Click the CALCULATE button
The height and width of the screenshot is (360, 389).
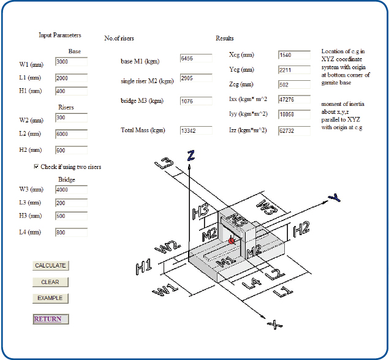(x=50, y=266)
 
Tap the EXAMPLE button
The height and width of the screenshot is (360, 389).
(x=50, y=298)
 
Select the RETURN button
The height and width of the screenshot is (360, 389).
(x=50, y=319)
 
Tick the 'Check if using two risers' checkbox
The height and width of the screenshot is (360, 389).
(x=36, y=167)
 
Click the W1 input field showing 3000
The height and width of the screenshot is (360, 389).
(x=71, y=62)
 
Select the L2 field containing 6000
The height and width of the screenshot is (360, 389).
(x=71, y=133)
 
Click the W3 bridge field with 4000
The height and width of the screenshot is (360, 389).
(x=71, y=190)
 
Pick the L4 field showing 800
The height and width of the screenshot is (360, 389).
(x=71, y=232)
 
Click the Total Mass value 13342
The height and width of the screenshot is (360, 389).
(x=196, y=130)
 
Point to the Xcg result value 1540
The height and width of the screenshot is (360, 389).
(x=293, y=55)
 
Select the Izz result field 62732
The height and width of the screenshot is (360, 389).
(x=293, y=130)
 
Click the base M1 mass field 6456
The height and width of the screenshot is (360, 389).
(x=196, y=58)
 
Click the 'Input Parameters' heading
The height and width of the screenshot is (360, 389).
(x=59, y=36)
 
